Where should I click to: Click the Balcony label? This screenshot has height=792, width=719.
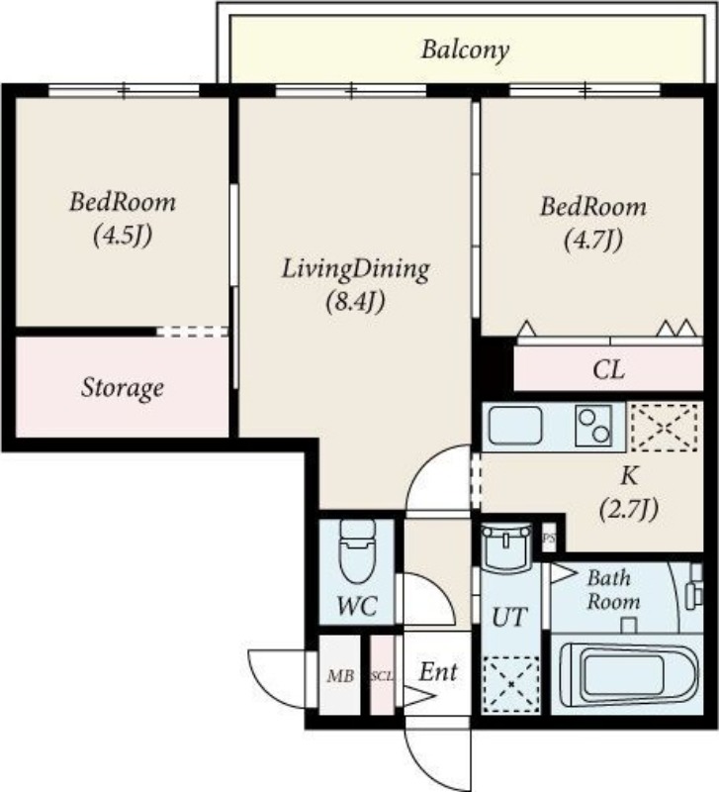465,50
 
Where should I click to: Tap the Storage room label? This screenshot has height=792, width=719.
123,388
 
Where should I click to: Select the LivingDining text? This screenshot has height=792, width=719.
356,269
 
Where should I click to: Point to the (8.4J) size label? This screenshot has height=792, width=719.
356,302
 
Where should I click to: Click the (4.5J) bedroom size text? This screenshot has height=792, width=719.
123,235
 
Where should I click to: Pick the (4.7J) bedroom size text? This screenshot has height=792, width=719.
593,239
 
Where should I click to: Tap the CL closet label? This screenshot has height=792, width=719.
608,369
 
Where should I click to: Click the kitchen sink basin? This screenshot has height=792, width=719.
515,425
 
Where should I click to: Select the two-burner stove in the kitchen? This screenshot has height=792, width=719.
593,426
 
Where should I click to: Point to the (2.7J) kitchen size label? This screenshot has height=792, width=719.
629,509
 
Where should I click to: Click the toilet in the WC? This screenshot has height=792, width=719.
357,551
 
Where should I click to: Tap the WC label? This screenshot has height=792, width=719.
357,606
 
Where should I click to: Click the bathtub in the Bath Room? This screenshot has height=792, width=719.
629,675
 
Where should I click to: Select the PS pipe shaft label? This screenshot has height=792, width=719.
549,539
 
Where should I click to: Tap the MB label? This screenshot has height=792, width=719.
340,675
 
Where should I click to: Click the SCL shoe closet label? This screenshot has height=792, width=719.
382,676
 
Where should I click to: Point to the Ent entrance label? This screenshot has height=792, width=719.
438,672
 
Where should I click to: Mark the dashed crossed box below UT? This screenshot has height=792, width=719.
510,684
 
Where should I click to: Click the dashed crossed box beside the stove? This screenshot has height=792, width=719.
665,428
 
